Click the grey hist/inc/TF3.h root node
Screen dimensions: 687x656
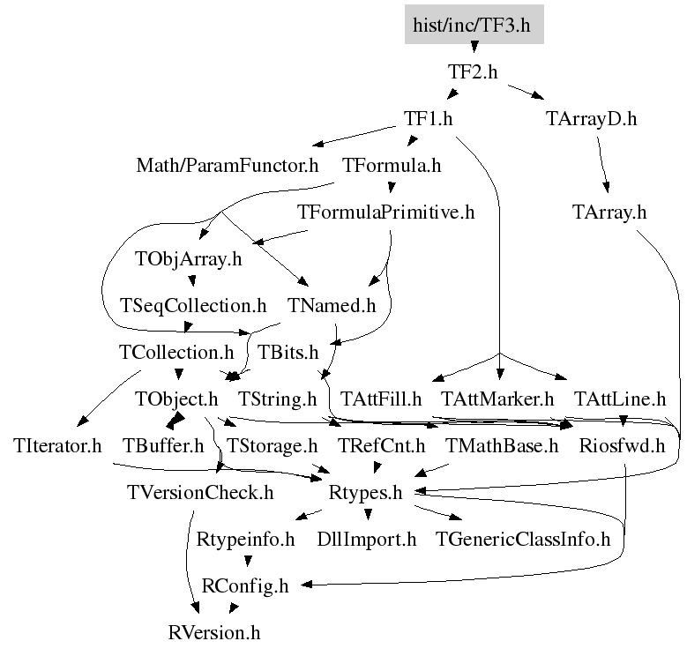click(474, 25)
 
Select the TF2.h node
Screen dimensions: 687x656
click(473, 71)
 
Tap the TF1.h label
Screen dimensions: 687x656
click(428, 119)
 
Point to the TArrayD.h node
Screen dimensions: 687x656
click(591, 119)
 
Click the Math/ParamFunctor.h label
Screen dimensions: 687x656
click(228, 166)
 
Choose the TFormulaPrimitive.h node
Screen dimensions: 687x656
click(386, 212)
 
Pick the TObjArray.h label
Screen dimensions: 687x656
click(189, 259)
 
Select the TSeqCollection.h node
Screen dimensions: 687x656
click(193, 306)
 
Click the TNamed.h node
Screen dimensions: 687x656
click(332, 306)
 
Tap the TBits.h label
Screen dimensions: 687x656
click(287, 353)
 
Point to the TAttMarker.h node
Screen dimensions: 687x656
click(497, 399)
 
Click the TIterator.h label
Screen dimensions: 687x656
click(57, 446)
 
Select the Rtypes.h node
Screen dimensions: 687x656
click(365, 493)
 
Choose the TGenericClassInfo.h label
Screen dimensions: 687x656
click(523, 540)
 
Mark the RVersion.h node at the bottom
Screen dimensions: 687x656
click(214, 633)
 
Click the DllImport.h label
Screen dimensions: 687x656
click(367, 540)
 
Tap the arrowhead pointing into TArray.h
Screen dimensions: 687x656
click(607, 188)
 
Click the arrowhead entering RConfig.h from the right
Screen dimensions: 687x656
click(306, 585)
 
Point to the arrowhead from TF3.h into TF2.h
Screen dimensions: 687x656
click(474, 47)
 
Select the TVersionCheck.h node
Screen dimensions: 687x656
click(200, 493)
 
